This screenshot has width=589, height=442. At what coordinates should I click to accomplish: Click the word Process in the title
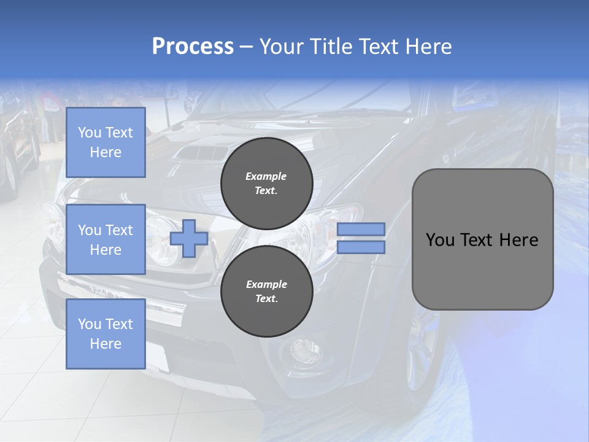click(x=193, y=47)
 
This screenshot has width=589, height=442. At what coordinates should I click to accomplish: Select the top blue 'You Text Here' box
click(x=106, y=142)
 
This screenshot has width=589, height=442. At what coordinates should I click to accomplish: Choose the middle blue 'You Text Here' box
click(x=106, y=239)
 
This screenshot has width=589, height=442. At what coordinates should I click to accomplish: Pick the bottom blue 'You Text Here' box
click(x=106, y=334)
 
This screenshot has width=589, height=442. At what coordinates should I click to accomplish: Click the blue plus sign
click(x=188, y=238)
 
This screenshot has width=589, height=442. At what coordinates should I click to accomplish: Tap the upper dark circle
click(x=267, y=183)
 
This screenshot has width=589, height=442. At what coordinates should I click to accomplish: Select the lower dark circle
click(x=267, y=291)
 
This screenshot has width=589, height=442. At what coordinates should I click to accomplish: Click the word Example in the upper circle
click(x=266, y=176)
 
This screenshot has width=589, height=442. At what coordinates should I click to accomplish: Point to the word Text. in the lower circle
click(x=266, y=299)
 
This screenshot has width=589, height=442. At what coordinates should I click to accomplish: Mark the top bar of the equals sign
click(x=361, y=229)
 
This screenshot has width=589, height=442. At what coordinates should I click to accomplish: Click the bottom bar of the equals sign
click(x=361, y=247)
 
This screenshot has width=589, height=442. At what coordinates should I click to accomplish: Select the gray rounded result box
click(x=482, y=239)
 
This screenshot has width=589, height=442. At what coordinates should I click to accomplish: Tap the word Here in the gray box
click(x=518, y=240)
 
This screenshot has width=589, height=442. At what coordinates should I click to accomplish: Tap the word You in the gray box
click(x=440, y=240)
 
